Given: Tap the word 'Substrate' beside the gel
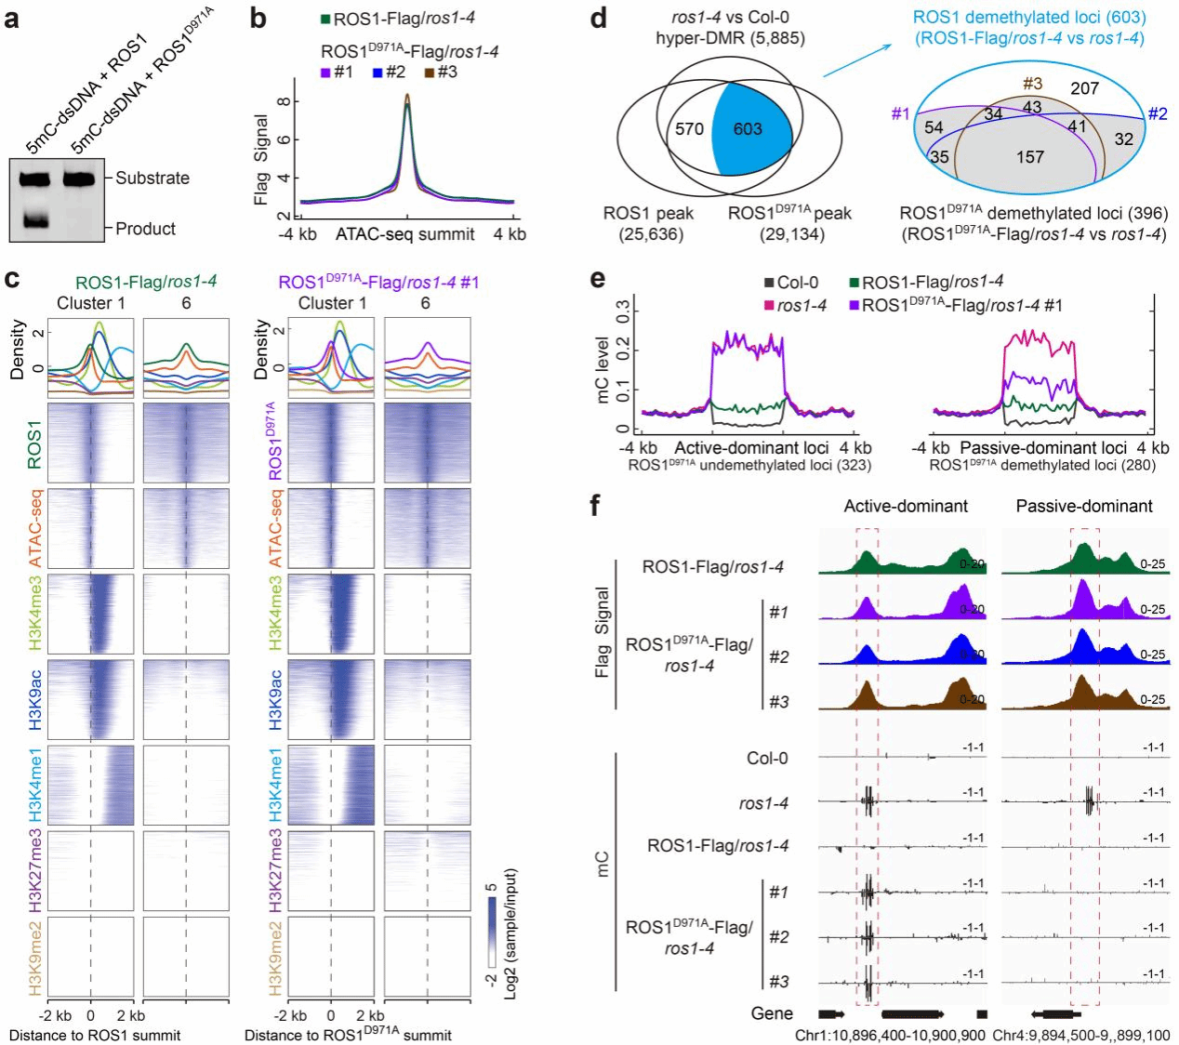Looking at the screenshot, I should click(x=152, y=178).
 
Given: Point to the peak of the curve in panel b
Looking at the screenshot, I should click(x=406, y=96).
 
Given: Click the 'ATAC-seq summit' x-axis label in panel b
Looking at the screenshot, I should click(x=404, y=234).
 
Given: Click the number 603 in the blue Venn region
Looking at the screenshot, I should click(x=748, y=129).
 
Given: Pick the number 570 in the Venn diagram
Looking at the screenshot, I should click(x=689, y=129).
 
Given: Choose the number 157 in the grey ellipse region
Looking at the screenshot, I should click(x=1029, y=157).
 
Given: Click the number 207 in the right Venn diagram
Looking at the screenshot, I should click(x=1084, y=88).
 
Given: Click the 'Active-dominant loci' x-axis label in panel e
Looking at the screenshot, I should click(x=751, y=448).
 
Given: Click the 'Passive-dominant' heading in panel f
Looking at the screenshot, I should click(x=1083, y=506).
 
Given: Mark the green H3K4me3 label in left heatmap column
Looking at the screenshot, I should click(x=34, y=614).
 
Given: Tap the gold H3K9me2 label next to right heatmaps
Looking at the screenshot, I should click(x=275, y=958).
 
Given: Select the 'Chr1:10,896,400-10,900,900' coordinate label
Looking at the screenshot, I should click(x=890, y=1035).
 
